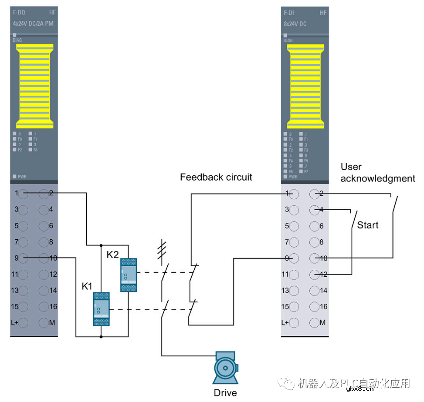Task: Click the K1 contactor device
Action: pos(101,309)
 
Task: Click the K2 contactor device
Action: pos(128,275)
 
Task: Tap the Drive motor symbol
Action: pos(225,368)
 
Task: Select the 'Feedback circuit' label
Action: pos(216,177)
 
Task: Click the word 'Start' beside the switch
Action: pos(368,225)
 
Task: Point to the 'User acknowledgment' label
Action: pos(377,173)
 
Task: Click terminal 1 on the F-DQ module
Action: pos(24,193)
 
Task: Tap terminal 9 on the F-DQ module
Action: pos(24,258)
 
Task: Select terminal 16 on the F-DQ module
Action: pos(44,306)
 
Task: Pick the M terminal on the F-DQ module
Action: pos(44,323)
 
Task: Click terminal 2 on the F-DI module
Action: pos(314,193)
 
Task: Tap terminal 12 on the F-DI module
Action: pos(314,274)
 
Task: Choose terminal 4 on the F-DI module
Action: pos(314,210)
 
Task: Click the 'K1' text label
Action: pos(87,286)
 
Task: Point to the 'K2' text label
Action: pos(112,255)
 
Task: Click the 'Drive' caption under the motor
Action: pos(225,393)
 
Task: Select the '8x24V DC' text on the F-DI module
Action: pos(295,23)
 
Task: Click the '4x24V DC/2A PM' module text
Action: pos(33,23)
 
